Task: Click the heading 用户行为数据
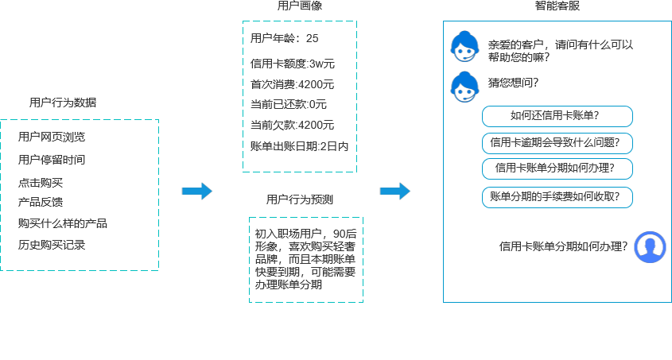(x=63, y=103)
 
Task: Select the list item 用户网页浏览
(x=52, y=137)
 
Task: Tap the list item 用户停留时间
(x=52, y=160)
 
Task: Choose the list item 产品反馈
(x=41, y=202)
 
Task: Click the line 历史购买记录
(x=52, y=245)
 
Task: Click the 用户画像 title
(x=300, y=6)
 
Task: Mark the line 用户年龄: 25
(x=284, y=38)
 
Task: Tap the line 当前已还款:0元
(x=289, y=104)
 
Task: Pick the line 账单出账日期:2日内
(x=299, y=146)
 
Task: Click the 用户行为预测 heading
(x=300, y=199)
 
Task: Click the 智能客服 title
(x=557, y=6)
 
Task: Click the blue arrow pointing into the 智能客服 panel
(x=394, y=192)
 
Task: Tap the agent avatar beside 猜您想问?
(x=464, y=87)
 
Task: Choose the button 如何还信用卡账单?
(x=557, y=117)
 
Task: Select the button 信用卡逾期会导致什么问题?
(x=557, y=143)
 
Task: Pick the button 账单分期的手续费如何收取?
(x=557, y=196)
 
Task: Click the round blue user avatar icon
(x=651, y=247)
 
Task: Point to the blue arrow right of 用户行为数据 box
(x=196, y=192)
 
